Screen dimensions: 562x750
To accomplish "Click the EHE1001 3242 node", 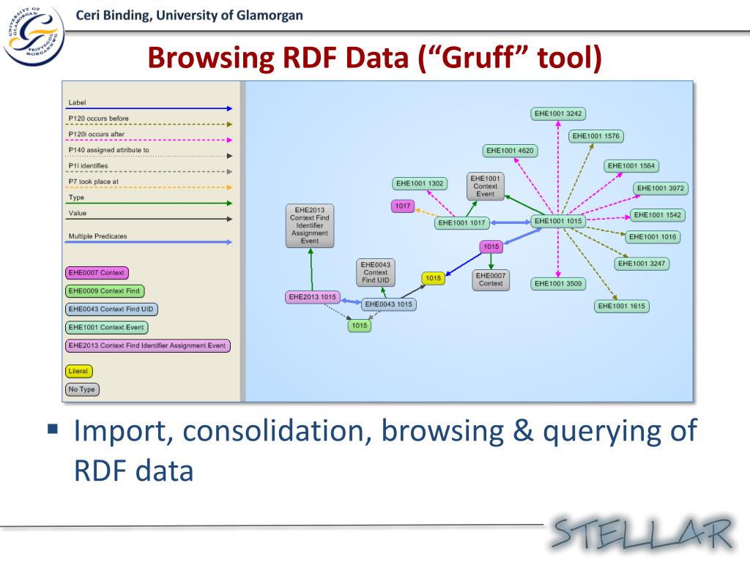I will tap(559, 113).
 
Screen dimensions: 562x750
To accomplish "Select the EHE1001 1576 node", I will tap(596, 136).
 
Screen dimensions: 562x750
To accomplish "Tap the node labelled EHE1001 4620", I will tap(510, 151).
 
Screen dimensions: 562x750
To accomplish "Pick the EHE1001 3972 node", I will tap(661, 188).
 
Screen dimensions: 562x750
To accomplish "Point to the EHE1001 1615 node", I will tap(622, 306).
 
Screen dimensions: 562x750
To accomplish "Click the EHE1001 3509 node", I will tap(558, 283).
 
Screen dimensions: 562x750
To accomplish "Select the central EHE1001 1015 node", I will tap(558, 221).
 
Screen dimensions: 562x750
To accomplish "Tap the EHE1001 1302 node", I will tap(420, 184).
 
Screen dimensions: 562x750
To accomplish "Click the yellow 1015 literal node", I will tap(434, 278).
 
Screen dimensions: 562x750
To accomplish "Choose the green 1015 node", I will tap(359, 326).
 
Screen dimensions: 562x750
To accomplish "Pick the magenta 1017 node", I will tap(403, 206).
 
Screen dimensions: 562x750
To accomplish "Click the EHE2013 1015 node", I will tap(313, 297).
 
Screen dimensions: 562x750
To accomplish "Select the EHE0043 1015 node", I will tap(389, 304).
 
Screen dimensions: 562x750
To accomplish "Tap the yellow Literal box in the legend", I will tap(78, 371).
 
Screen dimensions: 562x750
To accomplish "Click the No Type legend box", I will tap(82, 389).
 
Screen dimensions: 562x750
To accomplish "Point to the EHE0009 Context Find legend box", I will tap(103, 291).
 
